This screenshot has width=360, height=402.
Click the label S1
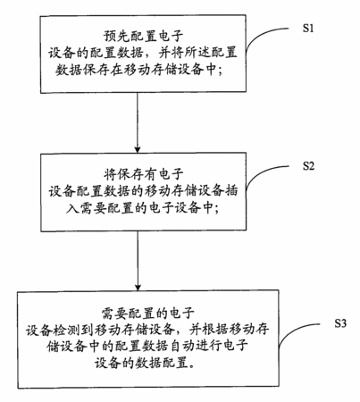click(x=308, y=28)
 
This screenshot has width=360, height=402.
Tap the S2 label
click(x=308, y=165)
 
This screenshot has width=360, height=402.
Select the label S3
click(x=340, y=322)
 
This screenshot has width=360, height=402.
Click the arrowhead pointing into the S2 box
click(x=138, y=148)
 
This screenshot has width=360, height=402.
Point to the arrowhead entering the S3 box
click(x=138, y=286)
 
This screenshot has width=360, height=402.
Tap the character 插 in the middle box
click(x=231, y=190)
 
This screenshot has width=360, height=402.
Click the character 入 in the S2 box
click(x=72, y=207)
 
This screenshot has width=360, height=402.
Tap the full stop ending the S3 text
click(x=192, y=366)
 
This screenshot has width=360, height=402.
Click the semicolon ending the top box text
click(x=220, y=71)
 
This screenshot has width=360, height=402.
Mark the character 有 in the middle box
click(x=150, y=174)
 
